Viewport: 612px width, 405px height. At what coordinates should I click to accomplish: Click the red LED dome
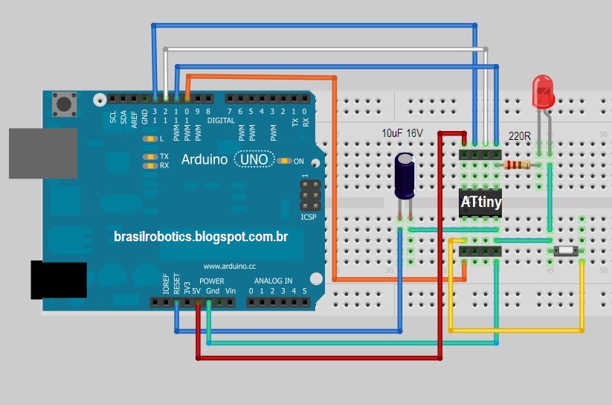[543, 90]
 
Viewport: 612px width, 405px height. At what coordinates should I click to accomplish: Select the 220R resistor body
[518, 165]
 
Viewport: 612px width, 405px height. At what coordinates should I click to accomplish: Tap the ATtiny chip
[480, 202]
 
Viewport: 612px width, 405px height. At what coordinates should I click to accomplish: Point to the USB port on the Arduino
[43, 153]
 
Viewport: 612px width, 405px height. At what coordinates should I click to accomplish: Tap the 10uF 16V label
[402, 133]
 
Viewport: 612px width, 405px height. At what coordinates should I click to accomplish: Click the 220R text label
[519, 137]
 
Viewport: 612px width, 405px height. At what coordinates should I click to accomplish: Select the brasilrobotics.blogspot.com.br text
[201, 236]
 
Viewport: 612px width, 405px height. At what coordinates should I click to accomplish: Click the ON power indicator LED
[284, 161]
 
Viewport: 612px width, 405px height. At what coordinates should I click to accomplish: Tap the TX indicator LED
[149, 156]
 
